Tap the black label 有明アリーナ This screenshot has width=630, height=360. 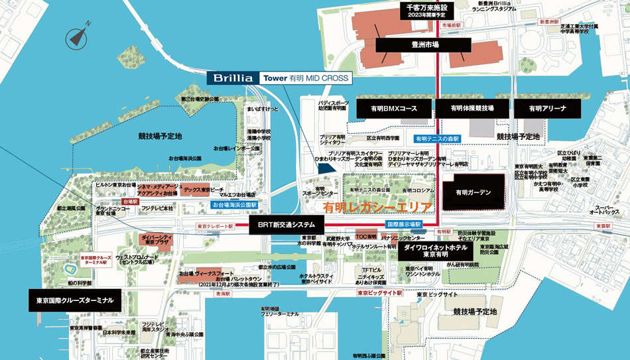point(548,108)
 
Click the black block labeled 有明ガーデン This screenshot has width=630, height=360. point(473,193)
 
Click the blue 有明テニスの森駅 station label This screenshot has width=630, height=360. point(437,139)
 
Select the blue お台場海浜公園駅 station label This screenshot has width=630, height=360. point(234,206)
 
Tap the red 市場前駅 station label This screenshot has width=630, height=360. point(452,25)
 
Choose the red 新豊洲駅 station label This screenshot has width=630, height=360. point(550,22)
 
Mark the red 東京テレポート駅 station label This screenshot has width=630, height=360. point(216,227)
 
